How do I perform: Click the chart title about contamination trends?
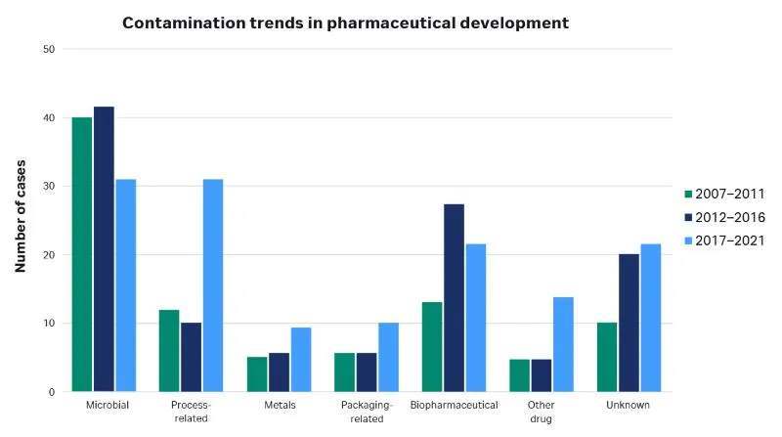coord(345,21)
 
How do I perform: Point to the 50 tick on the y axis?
coord(50,49)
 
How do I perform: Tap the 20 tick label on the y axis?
coord(50,255)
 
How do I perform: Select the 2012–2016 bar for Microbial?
coord(104,249)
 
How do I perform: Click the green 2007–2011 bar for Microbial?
coord(81,254)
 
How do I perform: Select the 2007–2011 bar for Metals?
coord(257,373)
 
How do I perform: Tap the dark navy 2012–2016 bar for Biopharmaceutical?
coord(454,297)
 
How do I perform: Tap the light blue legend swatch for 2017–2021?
coord(689,240)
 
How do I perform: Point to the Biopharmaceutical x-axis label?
coord(454,405)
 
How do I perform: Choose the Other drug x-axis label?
coord(542,411)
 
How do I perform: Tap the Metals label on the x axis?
coord(279,405)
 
